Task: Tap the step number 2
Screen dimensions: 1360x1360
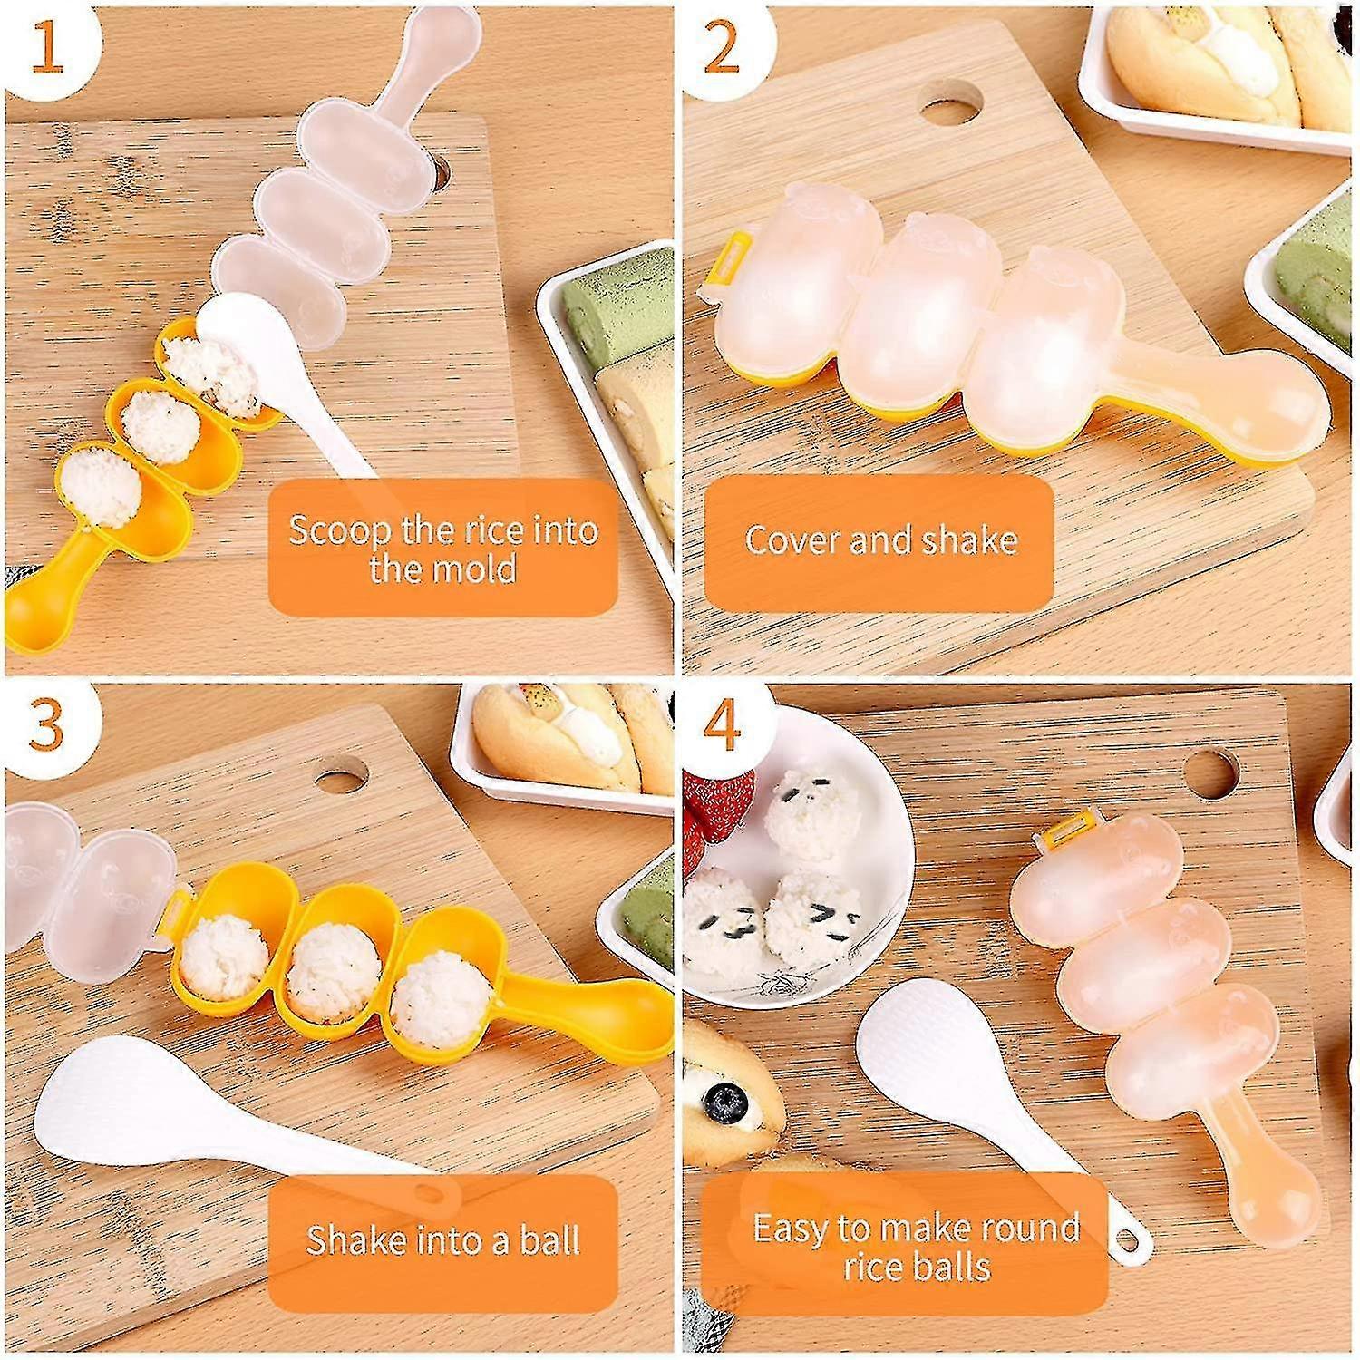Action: [x=722, y=51]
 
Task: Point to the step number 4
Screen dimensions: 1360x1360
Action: [x=722, y=726]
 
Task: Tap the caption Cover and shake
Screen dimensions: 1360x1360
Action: [x=879, y=541]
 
